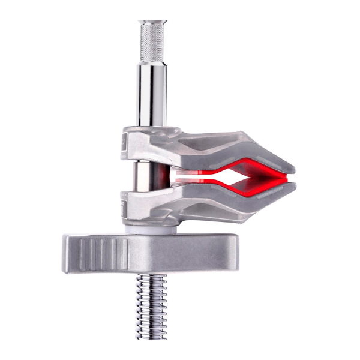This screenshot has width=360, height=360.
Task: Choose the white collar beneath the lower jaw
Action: (x=150, y=227)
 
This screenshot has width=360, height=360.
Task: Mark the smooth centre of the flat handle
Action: (x=174, y=252)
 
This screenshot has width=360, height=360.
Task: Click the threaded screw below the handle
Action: (x=150, y=306)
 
